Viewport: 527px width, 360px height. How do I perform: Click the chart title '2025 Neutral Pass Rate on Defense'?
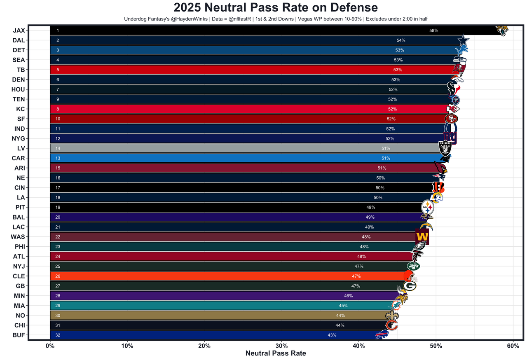click(x=276, y=8)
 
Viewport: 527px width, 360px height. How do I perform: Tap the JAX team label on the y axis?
click(x=19, y=30)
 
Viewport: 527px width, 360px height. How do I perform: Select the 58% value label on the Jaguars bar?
click(x=433, y=31)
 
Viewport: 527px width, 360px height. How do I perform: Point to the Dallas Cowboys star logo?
click(x=464, y=40)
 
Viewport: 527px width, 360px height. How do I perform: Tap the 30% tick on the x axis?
click(x=281, y=346)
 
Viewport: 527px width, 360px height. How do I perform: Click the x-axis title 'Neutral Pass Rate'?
click(x=276, y=353)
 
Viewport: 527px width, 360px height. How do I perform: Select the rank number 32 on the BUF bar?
click(x=58, y=335)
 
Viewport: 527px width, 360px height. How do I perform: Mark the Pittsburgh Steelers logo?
click(x=428, y=207)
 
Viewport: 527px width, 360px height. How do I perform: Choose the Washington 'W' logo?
click(x=422, y=237)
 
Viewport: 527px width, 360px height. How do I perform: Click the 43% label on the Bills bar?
click(x=332, y=335)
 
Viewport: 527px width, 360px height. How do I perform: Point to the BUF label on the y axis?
click(x=19, y=335)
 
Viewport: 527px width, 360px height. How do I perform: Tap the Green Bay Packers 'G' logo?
click(x=410, y=285)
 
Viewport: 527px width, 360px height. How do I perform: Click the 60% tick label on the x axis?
click(x=513, y=346)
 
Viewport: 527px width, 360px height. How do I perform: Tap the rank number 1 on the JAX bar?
click(x=58, y=31)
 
